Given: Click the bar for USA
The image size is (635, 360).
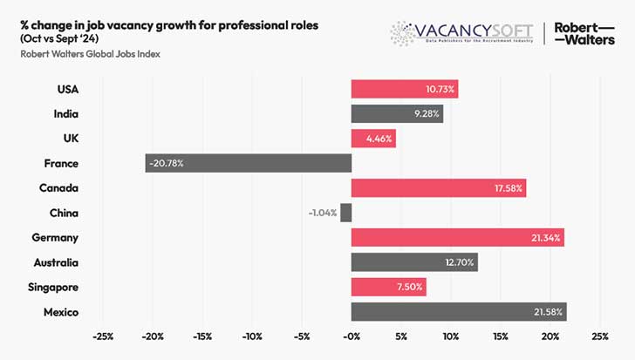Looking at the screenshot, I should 404,88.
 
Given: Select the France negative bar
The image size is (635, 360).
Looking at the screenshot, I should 249,163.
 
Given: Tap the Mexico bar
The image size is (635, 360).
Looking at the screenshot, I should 459,312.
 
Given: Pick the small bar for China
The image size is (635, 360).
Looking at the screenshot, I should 346,213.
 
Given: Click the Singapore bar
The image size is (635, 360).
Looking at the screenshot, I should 388,288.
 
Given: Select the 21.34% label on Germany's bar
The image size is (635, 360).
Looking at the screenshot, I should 543,238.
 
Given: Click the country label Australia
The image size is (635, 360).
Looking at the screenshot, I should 56,262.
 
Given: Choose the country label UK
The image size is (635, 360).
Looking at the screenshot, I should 70,138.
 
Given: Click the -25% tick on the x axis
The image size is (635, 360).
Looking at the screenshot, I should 102,336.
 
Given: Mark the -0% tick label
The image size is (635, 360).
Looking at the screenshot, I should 352,336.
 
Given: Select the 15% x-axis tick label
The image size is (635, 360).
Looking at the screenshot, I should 501,336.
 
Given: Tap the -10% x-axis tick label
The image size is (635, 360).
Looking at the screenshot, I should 252,336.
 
